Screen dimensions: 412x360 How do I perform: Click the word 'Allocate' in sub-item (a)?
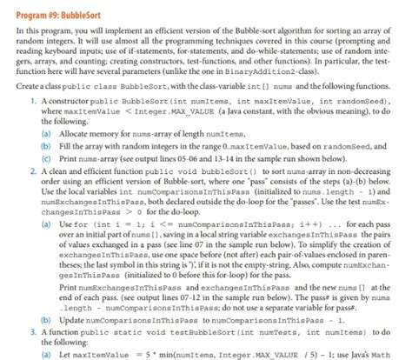[65, 136]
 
